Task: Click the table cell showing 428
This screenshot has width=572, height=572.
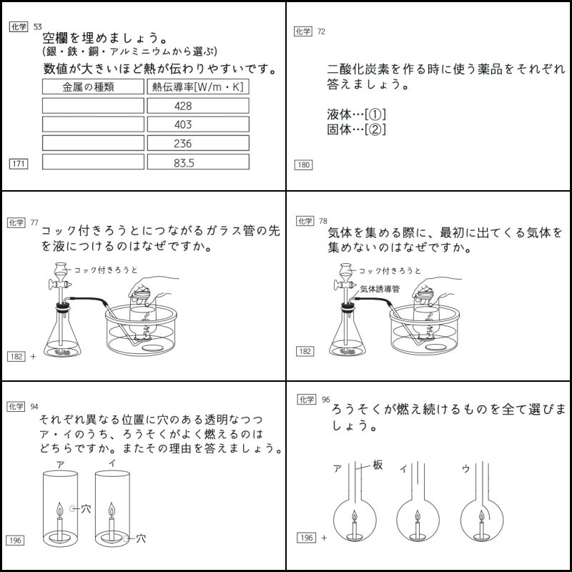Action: (197, 106)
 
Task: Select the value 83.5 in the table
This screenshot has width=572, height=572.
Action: (197, 162)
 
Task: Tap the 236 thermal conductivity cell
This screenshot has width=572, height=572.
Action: (197, 144)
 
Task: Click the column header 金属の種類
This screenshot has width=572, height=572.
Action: (93, 87)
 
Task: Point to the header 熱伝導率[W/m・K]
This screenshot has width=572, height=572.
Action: (197, 87)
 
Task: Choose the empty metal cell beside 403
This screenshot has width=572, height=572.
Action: (93, 124)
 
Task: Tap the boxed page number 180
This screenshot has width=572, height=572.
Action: (303, 165)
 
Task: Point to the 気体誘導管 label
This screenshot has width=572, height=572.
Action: (380, 289)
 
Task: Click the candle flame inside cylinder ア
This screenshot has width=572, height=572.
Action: (59, 509)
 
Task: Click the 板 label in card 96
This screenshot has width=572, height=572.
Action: (378, 465)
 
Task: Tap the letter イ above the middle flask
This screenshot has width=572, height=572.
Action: (404, 469)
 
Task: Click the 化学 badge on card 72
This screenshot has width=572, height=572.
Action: (303, 31)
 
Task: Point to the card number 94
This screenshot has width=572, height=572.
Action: (34, 407)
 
